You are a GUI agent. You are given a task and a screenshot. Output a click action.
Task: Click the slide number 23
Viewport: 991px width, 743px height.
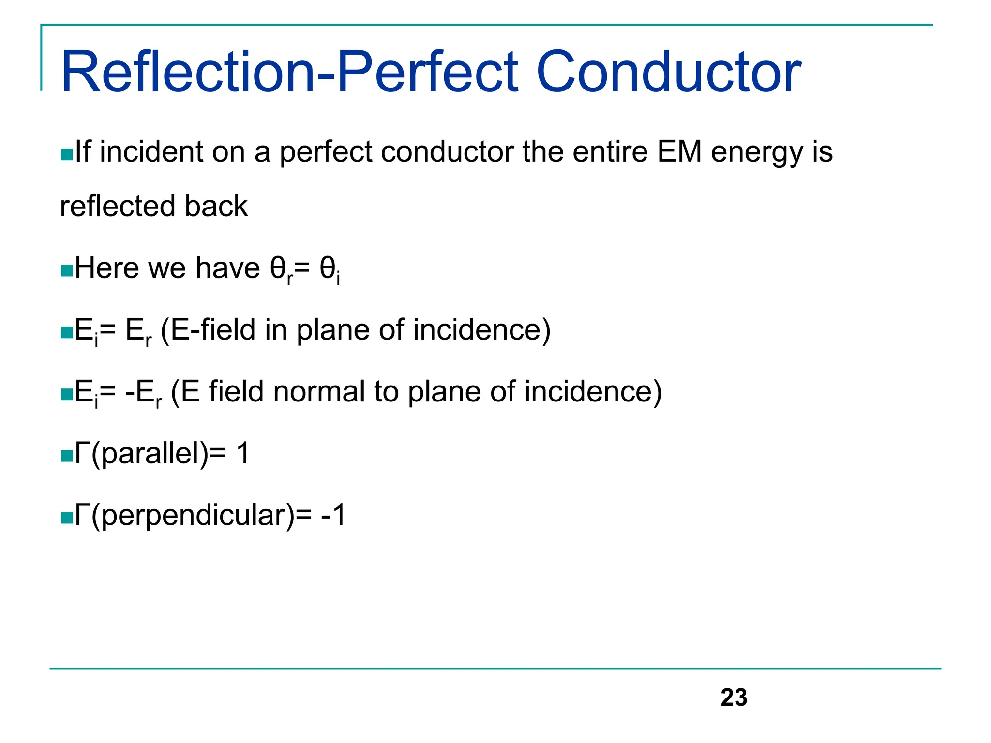coord(734,698)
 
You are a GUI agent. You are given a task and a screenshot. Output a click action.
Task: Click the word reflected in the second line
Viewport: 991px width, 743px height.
coord(117,206)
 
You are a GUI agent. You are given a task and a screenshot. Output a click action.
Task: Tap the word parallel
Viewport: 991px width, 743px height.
coord(150,454)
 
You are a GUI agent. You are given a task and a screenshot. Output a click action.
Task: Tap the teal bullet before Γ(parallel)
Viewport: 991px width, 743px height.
coord(66,456)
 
